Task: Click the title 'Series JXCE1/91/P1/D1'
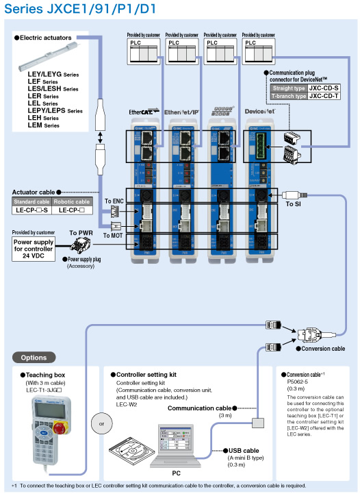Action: (x=80, y=9)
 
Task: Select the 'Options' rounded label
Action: (x=34, y=357)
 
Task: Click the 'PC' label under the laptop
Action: (x=176, y=473)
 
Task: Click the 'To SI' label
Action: (x=294, y=203)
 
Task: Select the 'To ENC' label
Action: (x=114, y=200)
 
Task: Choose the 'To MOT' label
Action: (x=114, y=235)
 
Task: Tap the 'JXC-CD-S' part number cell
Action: (x=324, y=88)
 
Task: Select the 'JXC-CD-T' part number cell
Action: (x=324, y=96)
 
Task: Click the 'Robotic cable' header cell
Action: (x=73, y=201)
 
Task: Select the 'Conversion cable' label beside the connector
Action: (x=324, y=349)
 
